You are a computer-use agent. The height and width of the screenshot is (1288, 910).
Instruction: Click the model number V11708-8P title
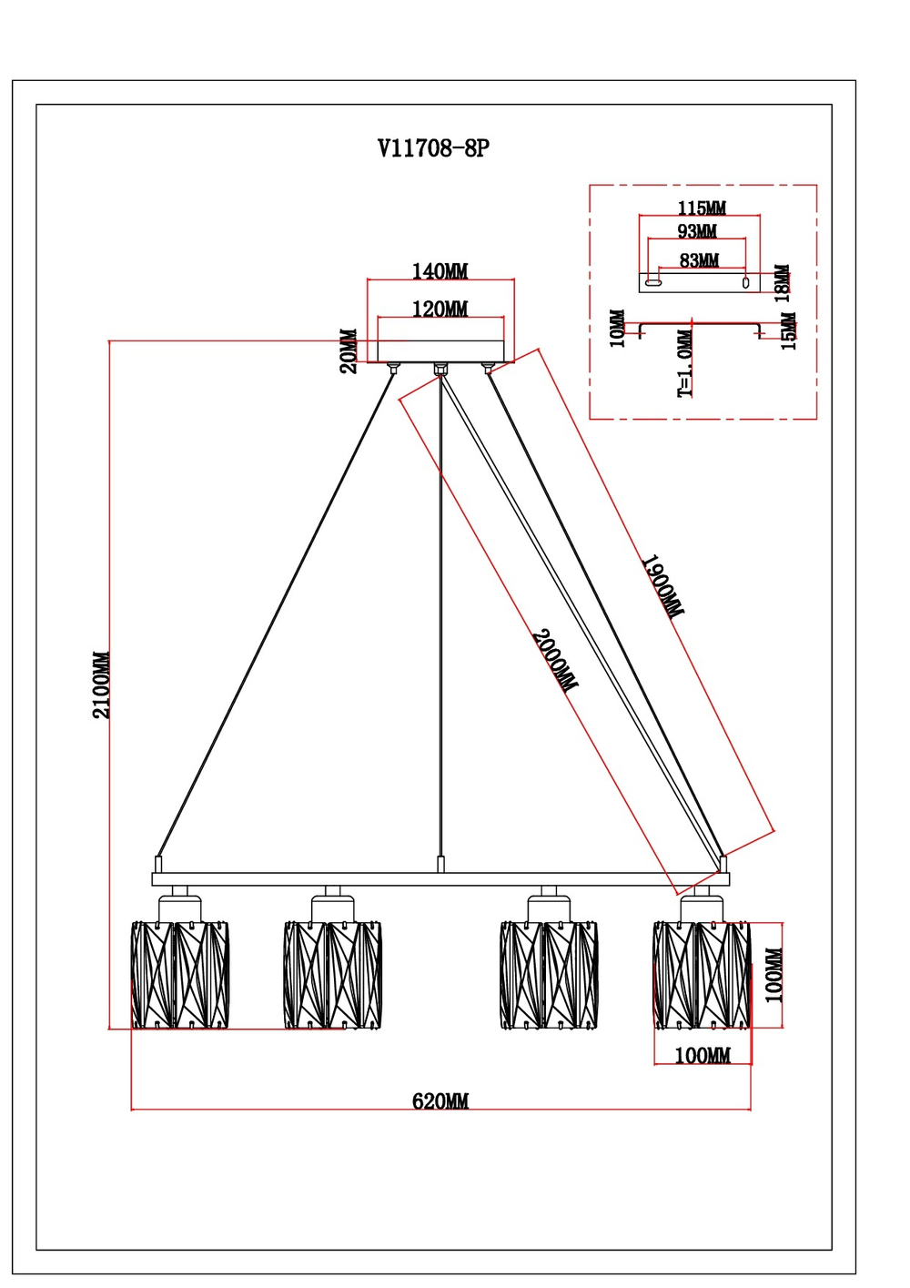(433, 148)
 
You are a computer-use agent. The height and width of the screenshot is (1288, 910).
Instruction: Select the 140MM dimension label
(440, 271)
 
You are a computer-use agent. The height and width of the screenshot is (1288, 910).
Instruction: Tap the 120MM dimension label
(440, 309)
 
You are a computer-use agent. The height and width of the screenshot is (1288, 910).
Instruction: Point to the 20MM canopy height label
(349, 351)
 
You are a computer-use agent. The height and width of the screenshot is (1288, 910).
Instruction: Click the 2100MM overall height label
(101, 685)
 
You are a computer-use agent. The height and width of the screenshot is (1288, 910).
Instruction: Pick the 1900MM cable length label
(662, 587)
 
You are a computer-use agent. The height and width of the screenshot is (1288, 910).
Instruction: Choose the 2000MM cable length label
(553, 661)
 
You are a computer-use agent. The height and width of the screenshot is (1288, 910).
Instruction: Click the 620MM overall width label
(440, 1101)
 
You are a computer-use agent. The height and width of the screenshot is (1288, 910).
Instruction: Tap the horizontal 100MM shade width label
(702, 1056)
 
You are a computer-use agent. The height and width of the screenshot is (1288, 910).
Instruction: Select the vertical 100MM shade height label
(773, 975)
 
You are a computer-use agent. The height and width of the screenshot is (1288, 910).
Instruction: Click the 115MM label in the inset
(702, 208)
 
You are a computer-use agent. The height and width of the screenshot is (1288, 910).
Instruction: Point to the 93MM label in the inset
(697, 232)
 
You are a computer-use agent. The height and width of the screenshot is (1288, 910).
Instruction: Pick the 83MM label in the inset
(699, 261)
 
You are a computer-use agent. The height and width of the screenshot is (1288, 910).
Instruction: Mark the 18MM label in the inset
(783, 283)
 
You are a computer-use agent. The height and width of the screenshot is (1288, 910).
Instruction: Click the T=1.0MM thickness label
(685, 363)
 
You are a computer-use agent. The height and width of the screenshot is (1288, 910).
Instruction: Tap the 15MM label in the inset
(788, 331)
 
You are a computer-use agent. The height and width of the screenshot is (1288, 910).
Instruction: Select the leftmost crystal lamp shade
(179, 975)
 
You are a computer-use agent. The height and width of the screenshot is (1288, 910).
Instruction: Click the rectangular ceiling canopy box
(440, 351)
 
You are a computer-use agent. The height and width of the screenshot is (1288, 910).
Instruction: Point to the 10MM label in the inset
(617, 329)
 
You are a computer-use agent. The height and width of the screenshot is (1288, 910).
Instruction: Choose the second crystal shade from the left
(332, 975)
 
